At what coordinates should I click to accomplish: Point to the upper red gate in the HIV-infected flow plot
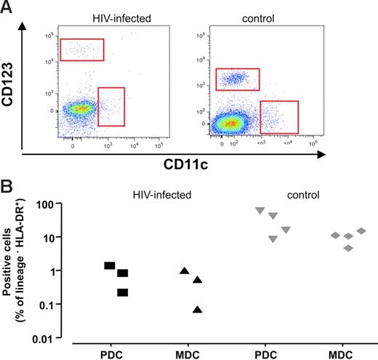(82, 49)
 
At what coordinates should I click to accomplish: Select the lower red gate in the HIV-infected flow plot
(111, 106)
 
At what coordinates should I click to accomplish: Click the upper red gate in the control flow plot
(237, 79)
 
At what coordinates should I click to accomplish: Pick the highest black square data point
(110, 265)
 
